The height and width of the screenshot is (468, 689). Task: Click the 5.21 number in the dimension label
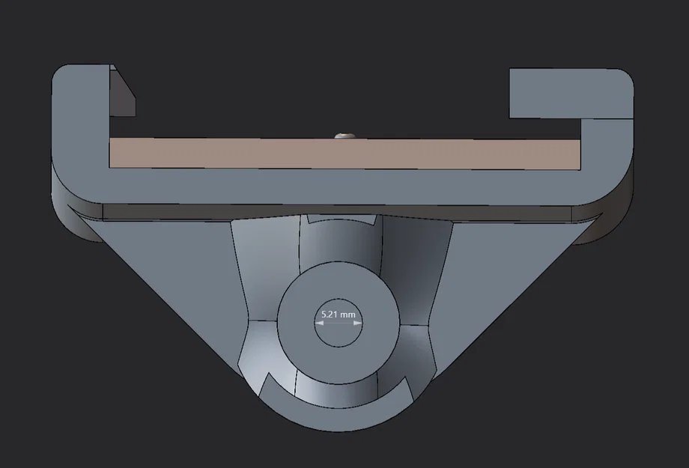coord(329,314)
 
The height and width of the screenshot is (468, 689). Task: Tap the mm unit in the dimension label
coord(347,315)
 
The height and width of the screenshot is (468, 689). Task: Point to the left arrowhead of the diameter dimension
coord(319,323)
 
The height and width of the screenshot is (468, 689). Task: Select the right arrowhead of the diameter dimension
coord(358,323)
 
